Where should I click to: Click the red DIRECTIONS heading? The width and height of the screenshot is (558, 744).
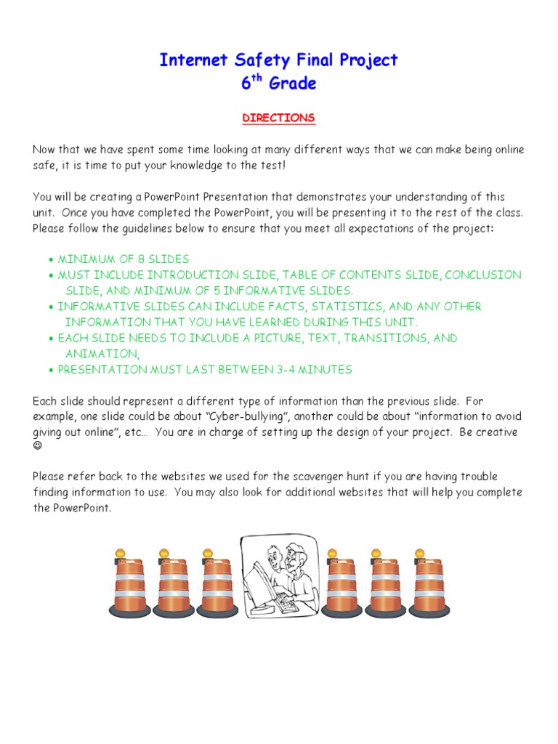[x=278, y=118]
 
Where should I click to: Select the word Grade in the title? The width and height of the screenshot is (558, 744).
[x=293, y=84]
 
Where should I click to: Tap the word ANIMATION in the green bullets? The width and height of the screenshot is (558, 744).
[x=101, y=354]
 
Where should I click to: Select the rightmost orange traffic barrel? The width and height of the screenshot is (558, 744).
[x=429, y=587]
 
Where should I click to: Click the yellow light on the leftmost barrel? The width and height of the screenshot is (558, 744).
[x=121, y=554]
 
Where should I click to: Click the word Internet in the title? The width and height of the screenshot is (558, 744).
[x=190, y=60]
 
